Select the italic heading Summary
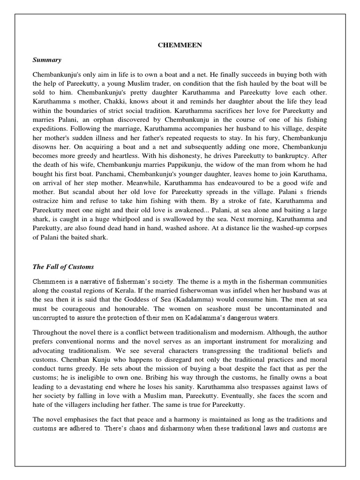point(47,60)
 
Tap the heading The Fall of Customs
point(63,267)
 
